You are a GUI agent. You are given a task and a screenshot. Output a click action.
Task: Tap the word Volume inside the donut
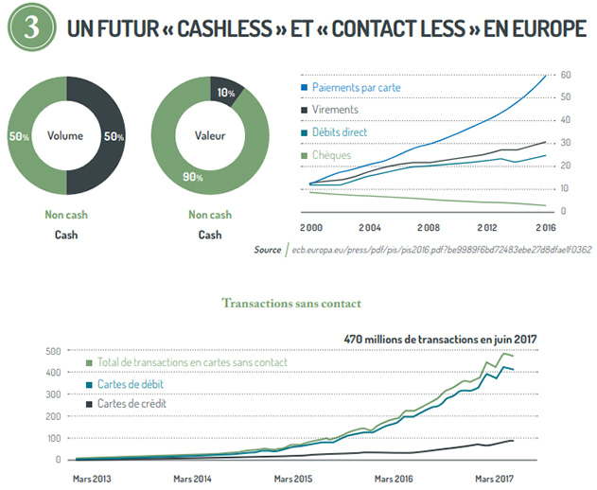click(x=66, y=134)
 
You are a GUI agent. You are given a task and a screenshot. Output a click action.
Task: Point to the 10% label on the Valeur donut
click(x=225, y=93)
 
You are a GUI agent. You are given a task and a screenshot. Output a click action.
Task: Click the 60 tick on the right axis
click(x=564, y=75)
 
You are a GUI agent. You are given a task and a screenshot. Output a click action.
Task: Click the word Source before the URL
click(x=268, y=250)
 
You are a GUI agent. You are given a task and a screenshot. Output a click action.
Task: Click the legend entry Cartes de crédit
click(x=133, y=404)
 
